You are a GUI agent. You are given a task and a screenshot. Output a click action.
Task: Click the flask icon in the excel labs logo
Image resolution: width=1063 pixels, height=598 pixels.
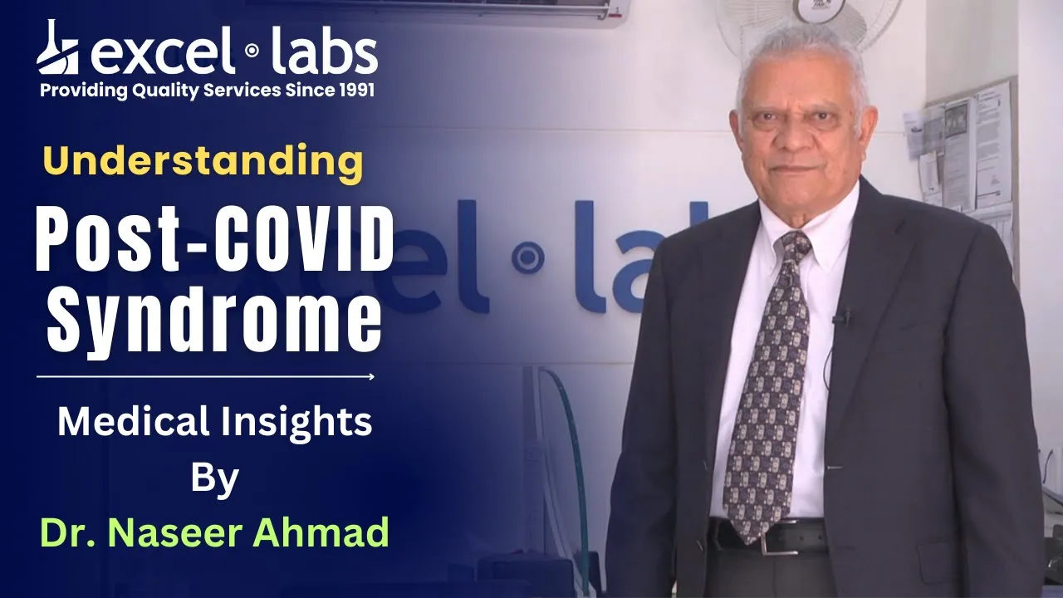click(x=58, y=47)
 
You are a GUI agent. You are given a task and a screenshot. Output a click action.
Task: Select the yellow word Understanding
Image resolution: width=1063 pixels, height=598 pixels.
click(x=203, y=162)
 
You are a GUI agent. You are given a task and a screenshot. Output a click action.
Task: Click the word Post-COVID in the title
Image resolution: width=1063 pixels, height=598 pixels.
click(x=214, y=240)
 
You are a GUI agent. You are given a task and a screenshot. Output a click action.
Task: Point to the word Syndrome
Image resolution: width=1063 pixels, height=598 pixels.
click(x=214, y=318)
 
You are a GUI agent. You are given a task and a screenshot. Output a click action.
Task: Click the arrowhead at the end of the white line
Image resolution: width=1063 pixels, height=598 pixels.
click(x=371, y=377)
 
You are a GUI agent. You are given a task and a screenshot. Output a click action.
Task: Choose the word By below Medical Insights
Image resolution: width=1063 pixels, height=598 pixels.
click(x=214, y=480)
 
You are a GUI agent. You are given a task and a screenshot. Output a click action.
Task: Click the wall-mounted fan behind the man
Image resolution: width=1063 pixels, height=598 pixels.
click(x=806, y=24)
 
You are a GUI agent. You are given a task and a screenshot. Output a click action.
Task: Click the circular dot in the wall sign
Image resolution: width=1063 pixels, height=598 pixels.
click(x=527, y=257)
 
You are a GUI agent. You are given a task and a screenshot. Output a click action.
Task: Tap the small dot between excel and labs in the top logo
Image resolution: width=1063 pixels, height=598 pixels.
click(x=252, y=50)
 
